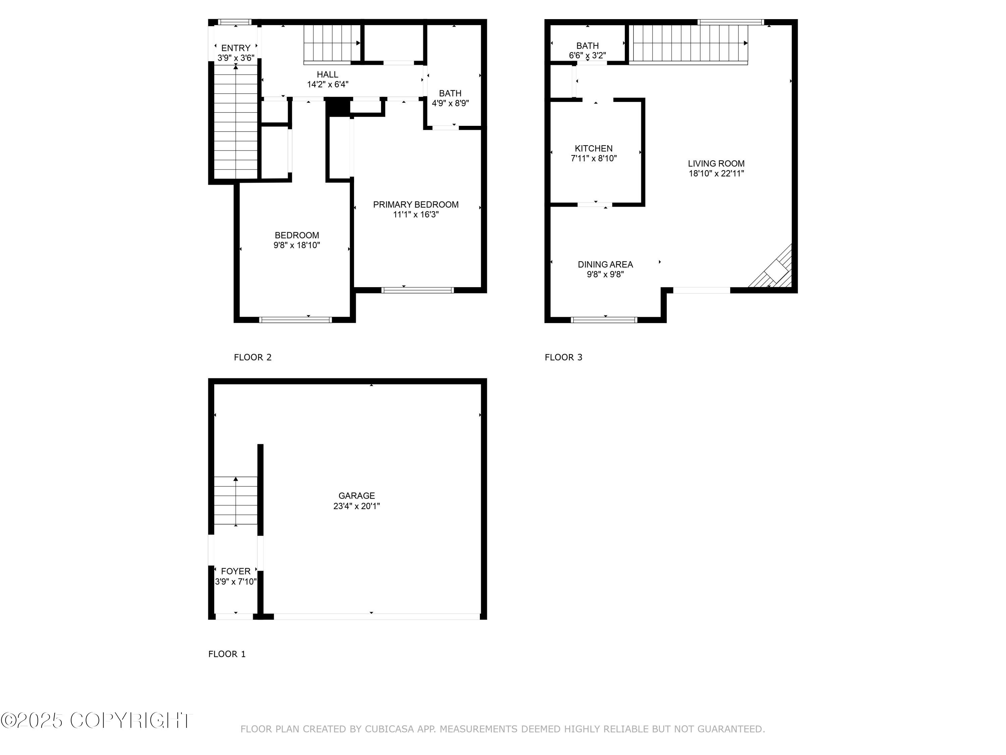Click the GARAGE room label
(x=356, y=496)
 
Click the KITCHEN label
(x=593, y=148)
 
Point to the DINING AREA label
(x=605, y=264)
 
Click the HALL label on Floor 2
(x=327, y=74)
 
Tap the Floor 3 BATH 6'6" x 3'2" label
(x=587, y=50)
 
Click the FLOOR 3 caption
(x=563, y=357)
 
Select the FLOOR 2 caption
(x=253, y=357)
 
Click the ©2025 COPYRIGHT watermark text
(x=97, y=720)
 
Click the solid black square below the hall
(x=337, y=107)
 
